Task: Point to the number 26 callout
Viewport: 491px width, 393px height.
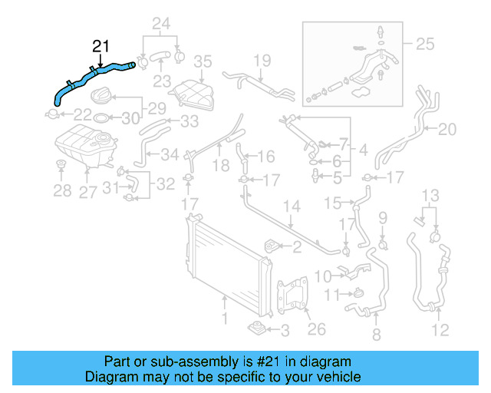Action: click(x=316, y=329)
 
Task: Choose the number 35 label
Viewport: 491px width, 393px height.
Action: click(x=203, y=61)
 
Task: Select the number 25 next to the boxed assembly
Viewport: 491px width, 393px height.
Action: click(x=424, y=44)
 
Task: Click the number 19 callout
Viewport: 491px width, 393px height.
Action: click(x=262, y=60)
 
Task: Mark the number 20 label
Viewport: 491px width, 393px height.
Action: click(x=447, y=129)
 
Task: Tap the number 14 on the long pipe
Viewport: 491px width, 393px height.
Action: click(x=292, y=206)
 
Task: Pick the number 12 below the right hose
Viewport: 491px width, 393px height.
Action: click(x=440, y=331)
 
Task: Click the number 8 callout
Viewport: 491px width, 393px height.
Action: click(x=375, y=334)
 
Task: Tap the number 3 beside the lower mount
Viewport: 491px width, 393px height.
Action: click(x=284, y=331)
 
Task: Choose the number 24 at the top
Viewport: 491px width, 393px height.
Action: click(x=161, y=23)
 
